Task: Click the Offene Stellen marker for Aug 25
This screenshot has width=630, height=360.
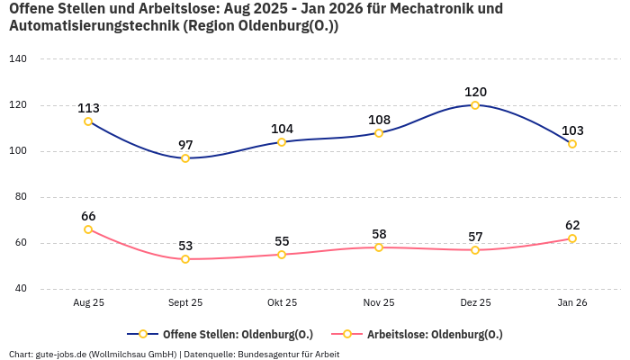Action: [88, 121]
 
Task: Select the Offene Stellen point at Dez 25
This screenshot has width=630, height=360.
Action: [475, 105]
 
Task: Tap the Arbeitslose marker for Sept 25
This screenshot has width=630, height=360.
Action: [185, 259]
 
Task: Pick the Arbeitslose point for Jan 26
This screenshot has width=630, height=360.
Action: [572, 238]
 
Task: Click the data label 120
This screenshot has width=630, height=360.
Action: [475, 92]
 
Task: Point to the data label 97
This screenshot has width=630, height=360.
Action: [185, 145]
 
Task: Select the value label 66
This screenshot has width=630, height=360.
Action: [88, 216]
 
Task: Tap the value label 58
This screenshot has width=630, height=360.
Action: [379, 234]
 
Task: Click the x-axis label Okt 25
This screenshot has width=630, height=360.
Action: [282, 303]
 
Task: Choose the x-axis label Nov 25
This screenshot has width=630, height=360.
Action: [379, 303]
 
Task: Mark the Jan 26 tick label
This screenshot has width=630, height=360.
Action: [572, 303]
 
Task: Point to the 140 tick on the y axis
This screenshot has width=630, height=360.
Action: [18, 59]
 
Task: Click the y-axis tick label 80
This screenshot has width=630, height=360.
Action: [21, 197]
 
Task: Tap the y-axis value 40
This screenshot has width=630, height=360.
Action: [21, 289]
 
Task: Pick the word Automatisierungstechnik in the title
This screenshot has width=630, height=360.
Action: [94, 26]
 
